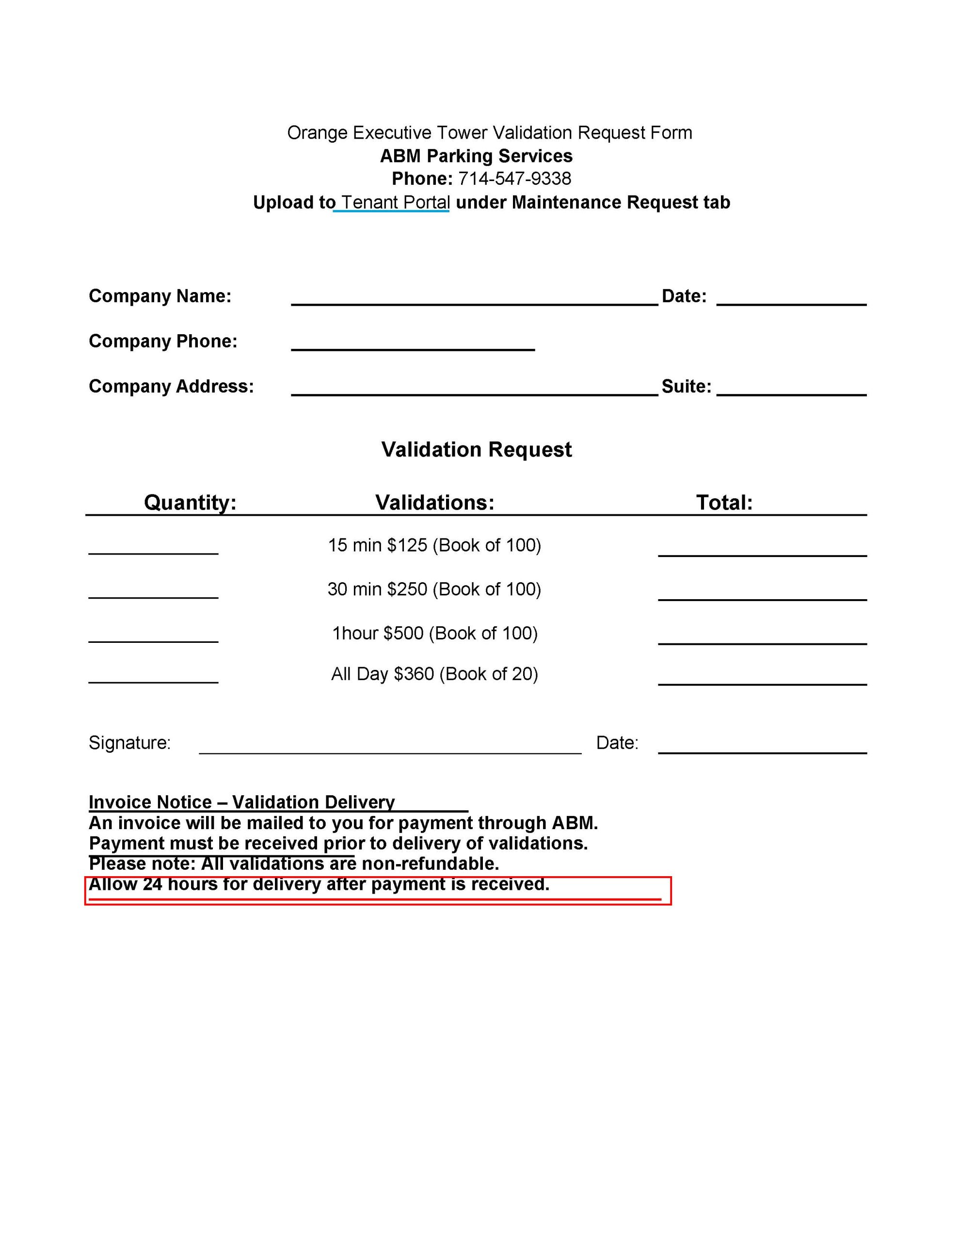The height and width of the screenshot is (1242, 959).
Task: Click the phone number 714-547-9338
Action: coord(514,179)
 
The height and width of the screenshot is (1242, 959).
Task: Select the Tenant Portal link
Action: coord(395,202)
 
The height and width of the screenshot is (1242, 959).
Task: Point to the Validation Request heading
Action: coord(477,450)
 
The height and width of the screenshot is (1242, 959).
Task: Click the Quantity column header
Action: coord(190,503)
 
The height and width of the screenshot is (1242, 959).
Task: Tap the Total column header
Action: coord(724,503)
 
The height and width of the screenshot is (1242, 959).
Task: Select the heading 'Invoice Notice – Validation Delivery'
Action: coord(241,802)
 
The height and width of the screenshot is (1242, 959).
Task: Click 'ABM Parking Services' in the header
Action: coord(477,156)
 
